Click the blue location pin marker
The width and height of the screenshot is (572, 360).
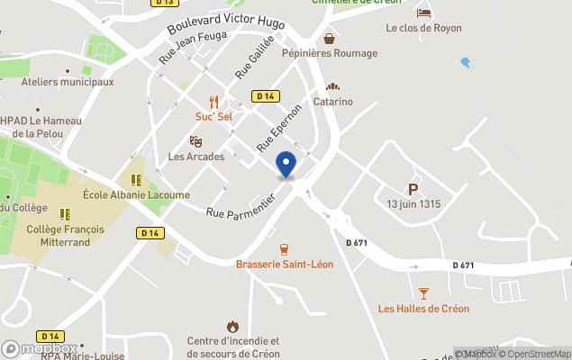coord(286,165)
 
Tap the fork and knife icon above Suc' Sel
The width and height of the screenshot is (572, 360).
coord(214,102)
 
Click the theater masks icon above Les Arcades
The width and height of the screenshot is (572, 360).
coord(195,142)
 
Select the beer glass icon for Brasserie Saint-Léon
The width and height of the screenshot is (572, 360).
coord(285,249)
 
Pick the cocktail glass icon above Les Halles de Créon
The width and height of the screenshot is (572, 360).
coord(423,293)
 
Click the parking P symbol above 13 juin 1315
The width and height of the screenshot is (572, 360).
coord(413,189)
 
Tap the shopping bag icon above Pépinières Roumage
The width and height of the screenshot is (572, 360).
coord(330,39)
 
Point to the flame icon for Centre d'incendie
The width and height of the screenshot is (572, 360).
coord(233,326)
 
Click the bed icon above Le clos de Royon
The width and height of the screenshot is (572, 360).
coord(423,13)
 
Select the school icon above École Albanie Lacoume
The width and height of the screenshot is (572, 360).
coord(136,179)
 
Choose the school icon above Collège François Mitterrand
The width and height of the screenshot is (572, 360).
coord(65,214)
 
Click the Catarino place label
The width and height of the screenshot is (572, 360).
coord(332,102)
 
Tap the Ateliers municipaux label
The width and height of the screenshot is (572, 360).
coord(68,82)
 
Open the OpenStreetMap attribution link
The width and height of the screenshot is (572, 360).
coord(538,353)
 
